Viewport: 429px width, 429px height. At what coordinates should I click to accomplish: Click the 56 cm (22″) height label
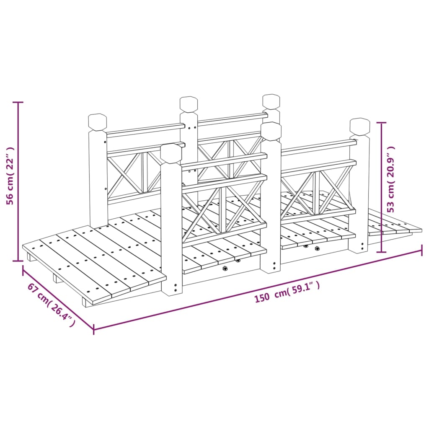click(x=10, y=176)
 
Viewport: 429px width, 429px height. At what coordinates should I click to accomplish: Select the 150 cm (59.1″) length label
click(x=287, y=292)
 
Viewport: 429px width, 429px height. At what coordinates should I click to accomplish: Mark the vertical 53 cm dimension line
click(x=381, y=187)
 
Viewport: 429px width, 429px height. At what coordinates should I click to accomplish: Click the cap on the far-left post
click(x=97, y=122)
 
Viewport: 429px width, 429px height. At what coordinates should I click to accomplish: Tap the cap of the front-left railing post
click(x=171, y=153)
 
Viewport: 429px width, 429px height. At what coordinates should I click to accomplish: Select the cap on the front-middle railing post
click(x=271, y=131)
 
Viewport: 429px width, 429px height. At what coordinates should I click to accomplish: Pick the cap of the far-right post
click(x=360, y=127)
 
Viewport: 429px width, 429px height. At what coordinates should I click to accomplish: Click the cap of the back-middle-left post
click(x=189, y=104)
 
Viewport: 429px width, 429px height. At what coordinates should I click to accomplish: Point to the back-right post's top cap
click(x=271, y=102)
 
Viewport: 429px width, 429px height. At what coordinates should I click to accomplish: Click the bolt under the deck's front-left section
click(x=225, y=269)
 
